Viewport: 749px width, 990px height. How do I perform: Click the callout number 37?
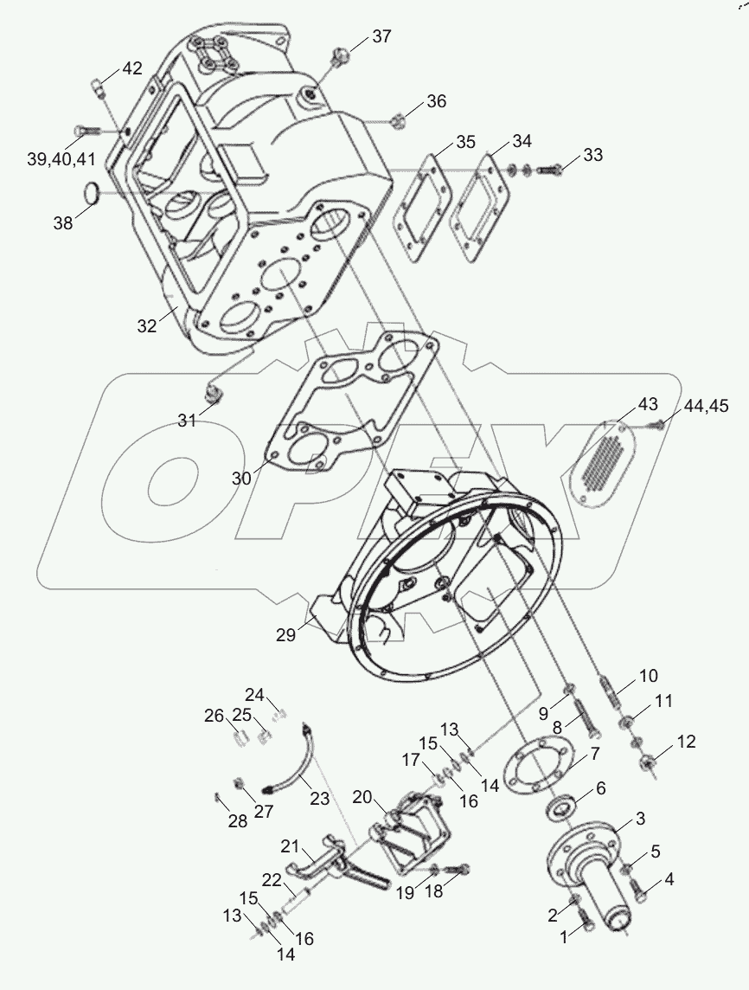tap(381, 36)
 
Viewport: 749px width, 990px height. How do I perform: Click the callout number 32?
tap(146, 325)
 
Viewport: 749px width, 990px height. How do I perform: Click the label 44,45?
tap(706, 406)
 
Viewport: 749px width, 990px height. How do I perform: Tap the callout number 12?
tap(685, 742)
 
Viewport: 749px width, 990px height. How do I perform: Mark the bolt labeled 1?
tap(586, 926)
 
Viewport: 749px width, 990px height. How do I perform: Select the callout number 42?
tap(131, 69)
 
